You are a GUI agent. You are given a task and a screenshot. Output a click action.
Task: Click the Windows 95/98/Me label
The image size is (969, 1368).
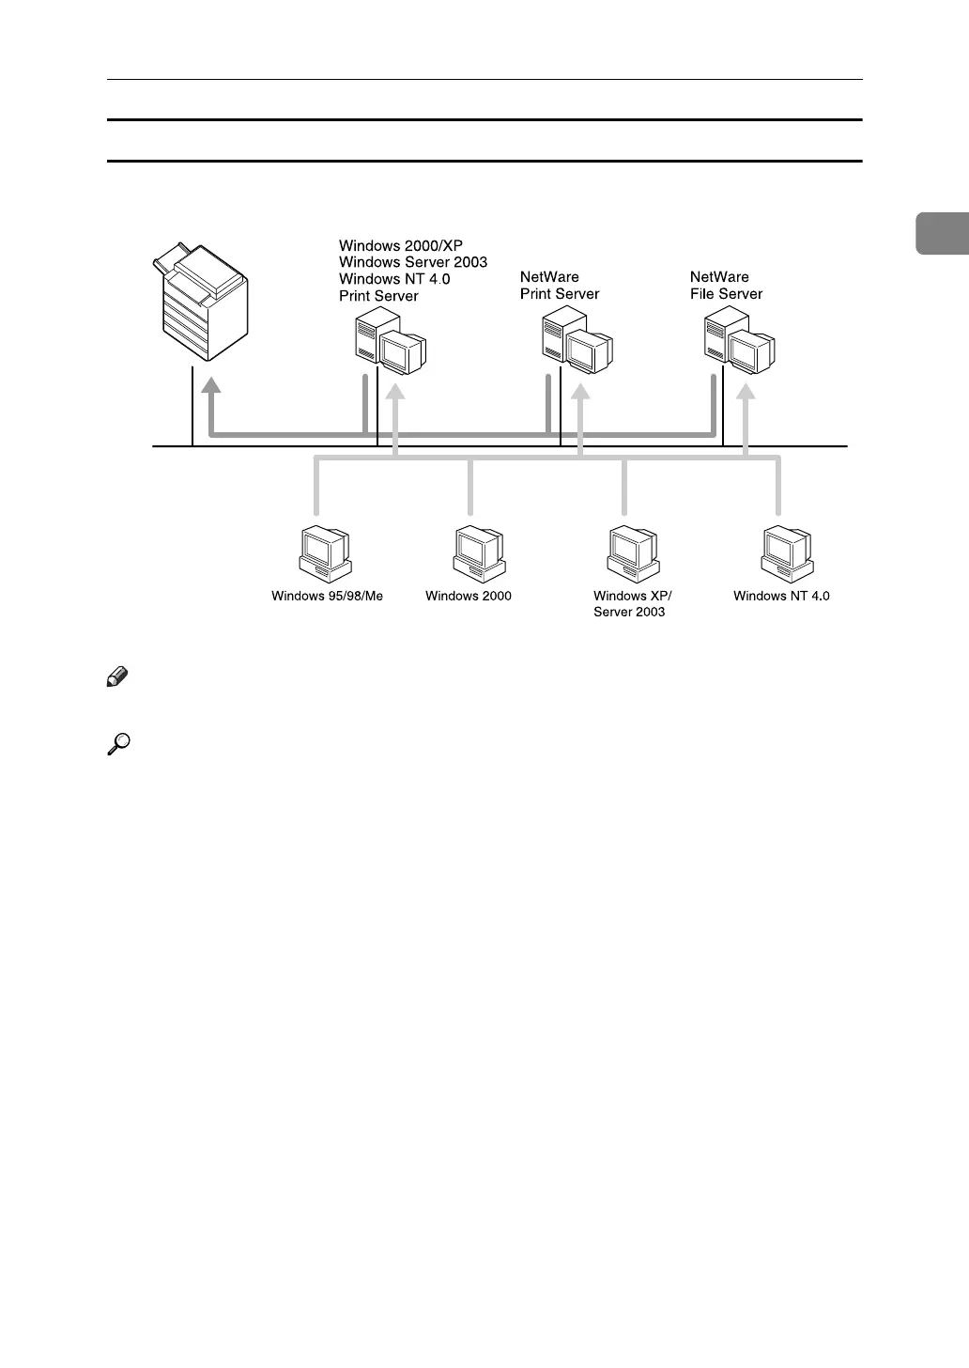pyautogui.click(x=328, y=596)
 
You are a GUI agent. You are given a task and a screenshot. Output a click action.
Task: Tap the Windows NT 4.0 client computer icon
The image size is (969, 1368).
pyautogui.click(x=787, y=552)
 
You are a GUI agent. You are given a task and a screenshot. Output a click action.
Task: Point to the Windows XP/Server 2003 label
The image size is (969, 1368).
pyautogui.click(x=632, y=604)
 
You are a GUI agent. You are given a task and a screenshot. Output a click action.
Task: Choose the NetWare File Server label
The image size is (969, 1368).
pyautogui.click(x=726, y=286)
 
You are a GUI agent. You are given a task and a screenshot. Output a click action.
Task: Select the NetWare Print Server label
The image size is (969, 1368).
pyautogui.click(x=560, y=286)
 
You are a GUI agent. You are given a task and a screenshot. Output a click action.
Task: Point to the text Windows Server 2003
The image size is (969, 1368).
pyautogui.click(x=413, y=262)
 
